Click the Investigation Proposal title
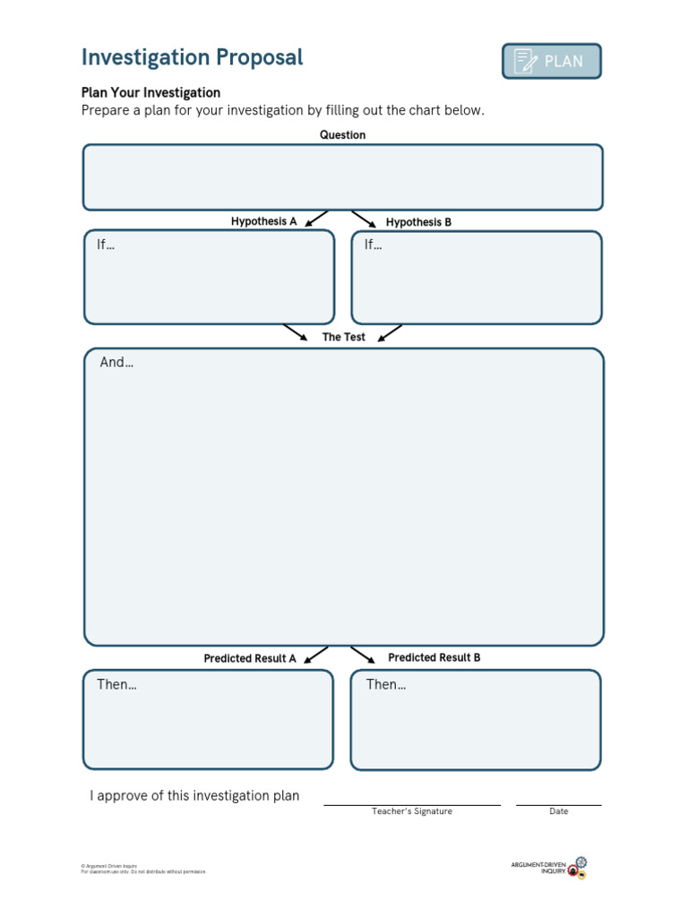[x=193, y=57]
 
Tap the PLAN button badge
[x=551, y=62]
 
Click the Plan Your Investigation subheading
[x=150, y=92]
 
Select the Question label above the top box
[x=343, y=135]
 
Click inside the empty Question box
[x=343, y=177]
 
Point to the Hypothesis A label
[x=263, y=221]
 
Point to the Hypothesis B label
[x=418, y=222]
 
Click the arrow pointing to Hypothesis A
[x=315, y=219]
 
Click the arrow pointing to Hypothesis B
[x=364, y=219]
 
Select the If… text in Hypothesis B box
[x=373, y=244]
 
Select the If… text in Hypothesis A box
[x=106, y=244]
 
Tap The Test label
[x=344, y=338]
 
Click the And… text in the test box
[x=116, y=363]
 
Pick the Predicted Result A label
[x=249, y=658]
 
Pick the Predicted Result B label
[x=434, y=657]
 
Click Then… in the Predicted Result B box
[x=386, y=684]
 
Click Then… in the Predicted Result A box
[x=116, y=684]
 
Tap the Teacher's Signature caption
[x=412, y=811]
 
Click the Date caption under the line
[x=559, y=811]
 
